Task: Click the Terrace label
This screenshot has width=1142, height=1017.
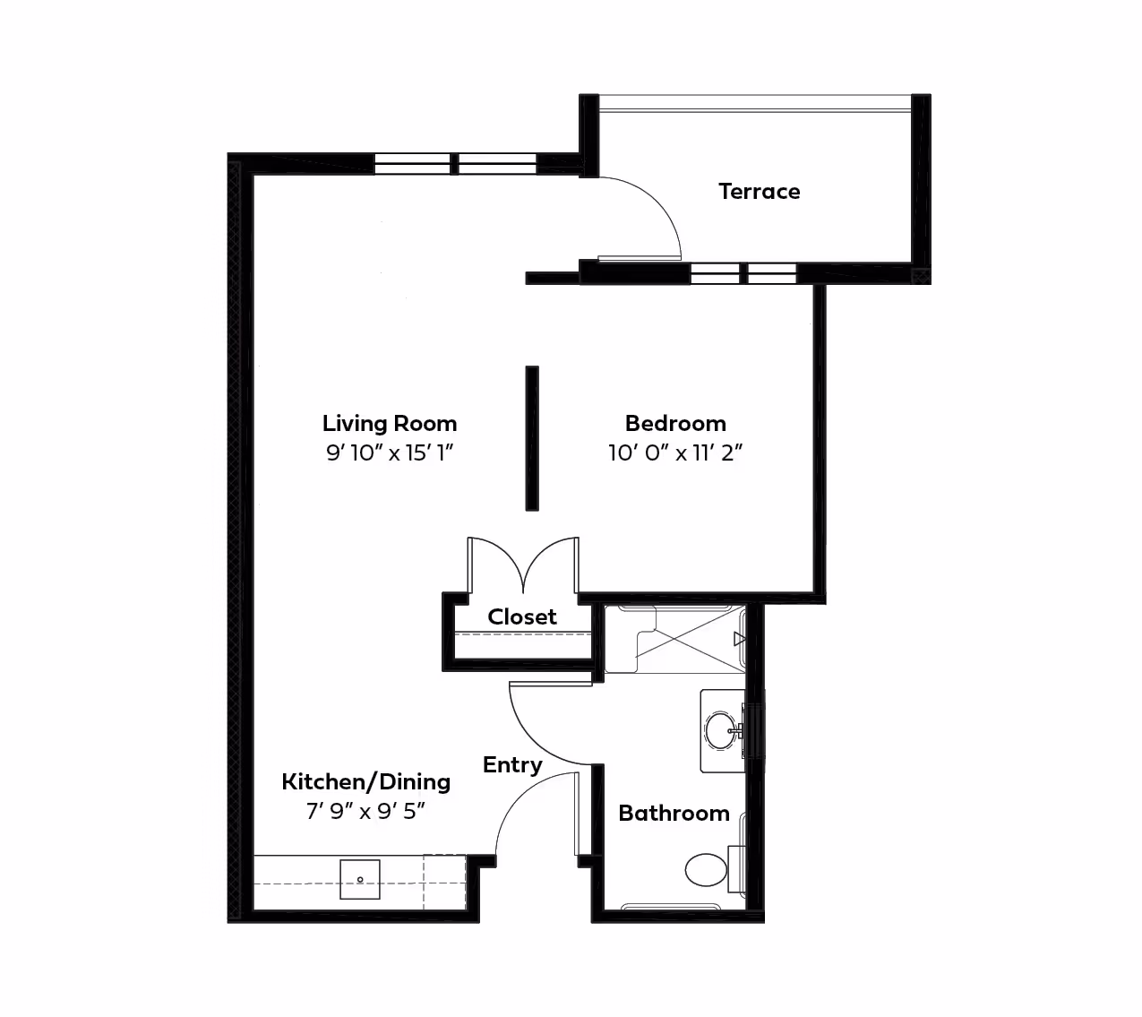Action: [759, 192]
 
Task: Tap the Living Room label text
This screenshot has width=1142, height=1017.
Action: [390, 424]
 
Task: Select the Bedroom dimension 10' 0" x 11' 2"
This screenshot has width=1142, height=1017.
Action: [675, 452]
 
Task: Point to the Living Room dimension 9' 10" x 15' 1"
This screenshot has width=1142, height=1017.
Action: [390, 452]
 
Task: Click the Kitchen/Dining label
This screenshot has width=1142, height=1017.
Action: [365, 781]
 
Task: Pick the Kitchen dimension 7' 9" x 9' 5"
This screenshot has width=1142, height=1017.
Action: [365, 811]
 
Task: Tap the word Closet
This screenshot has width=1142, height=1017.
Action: [522, 617]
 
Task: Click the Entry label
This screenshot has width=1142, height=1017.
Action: [512, 765]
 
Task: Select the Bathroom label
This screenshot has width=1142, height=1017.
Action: [674, 814]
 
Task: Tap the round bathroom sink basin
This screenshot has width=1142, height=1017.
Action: [720, 731]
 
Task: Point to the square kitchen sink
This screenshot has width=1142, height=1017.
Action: [360, 879]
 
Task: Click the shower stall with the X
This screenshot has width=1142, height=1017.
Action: [675, 639]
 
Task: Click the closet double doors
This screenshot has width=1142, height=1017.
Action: [523, 565]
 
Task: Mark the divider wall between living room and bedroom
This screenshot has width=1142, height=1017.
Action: [531, 438]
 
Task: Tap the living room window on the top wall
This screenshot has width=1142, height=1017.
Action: [455, 164]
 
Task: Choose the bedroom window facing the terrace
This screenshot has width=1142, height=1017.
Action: [743, 273]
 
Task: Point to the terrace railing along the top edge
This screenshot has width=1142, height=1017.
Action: [755, 102]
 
